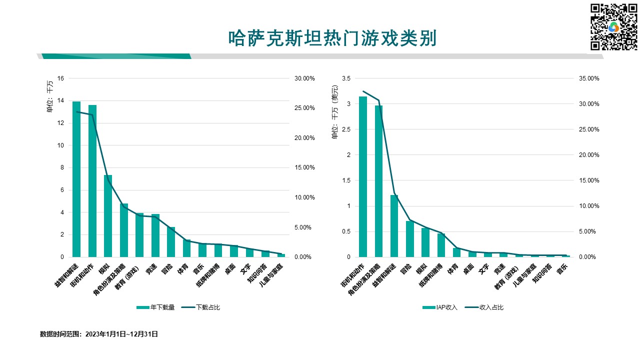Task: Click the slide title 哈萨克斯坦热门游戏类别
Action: tap(332, 38)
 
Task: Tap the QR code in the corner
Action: tap(614, 27)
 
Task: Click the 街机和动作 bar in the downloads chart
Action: tap(92, 181)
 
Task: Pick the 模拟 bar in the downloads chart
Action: tap(108, 216)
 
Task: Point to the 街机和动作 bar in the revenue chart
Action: tap(363, 176)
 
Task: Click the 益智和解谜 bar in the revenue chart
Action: tap(394, 226)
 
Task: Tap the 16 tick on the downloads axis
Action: tap(61, 78)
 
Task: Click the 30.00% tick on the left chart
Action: tap(304, 78)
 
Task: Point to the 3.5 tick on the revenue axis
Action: tap(346, 78)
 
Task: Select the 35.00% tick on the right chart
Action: tap(588, 78)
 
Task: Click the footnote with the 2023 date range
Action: tap(99, 334)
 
